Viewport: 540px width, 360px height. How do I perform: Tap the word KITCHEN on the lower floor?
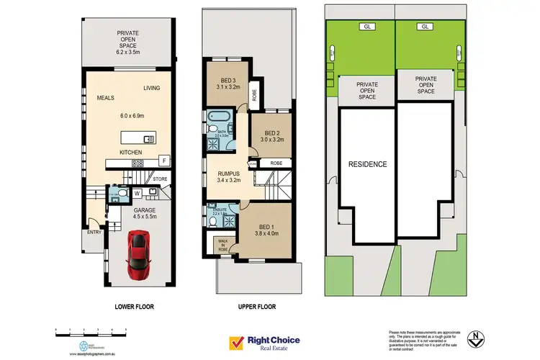pyautogui.click(x=131, y=153)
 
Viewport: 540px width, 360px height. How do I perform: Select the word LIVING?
pyautogui.click(x=151, y=89)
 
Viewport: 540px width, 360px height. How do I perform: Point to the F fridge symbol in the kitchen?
pyautogui.click(x=164, y=160)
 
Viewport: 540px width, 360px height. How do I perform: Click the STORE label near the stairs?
pyautogui.click(x=160, y=180)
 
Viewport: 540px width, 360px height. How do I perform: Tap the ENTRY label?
pyautogui.click(x=94, y=231)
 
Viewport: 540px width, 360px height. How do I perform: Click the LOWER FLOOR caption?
pyautogui.click(x=134, y=307)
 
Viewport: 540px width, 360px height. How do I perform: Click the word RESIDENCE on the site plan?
pyautogui.click(x=368, y=164)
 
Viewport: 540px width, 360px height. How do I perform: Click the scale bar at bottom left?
pyautogui.click(x=91, y=330)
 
